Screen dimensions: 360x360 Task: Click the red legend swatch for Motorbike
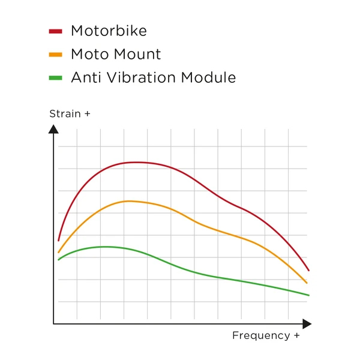tap(55, 31)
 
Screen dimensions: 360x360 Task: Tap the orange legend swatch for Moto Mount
tap(55, 55)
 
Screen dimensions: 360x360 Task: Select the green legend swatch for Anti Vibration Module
tap(55, 78)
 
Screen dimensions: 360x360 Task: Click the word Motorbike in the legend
tap(109, 31)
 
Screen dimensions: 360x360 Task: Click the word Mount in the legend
tap(139, 55)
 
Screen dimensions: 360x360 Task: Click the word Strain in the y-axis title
tap(65, 113)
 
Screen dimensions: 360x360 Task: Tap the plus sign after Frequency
tap(296, 336)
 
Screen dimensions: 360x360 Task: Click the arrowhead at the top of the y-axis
tap(53, 128)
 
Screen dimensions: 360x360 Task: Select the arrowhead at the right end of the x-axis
tap(307, 324)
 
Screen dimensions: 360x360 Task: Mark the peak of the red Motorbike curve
tap(136, 162)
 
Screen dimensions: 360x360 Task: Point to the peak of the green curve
tap(105, 247)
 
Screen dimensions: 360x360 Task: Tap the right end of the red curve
tap(308, 271)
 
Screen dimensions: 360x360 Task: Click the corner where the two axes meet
tap(53, 324)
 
